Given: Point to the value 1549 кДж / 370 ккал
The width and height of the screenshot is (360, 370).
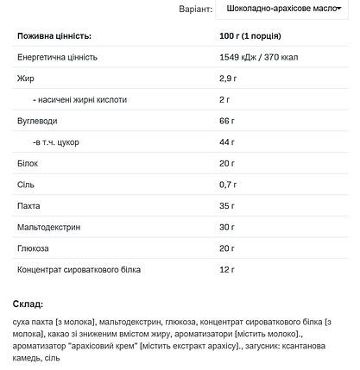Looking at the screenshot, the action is click(x=268, y=57).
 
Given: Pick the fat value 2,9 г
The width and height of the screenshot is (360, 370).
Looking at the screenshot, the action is click(x=230, y=78).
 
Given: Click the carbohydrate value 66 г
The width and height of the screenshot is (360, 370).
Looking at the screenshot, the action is click(x=228, y=121).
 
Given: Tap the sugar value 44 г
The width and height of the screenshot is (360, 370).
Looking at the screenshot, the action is click(x=228, y=141).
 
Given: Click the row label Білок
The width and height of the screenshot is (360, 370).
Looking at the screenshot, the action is click(x=28, y=163).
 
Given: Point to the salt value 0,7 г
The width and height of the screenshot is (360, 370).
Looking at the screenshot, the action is click(x=230, y=185).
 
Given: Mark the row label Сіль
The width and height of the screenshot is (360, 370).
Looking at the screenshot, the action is click(x=26, y=185).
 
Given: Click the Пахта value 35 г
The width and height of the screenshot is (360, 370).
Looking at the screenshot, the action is click(x=228, y=206).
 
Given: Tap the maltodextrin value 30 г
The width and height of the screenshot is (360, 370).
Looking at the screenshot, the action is click(x=228, y=228).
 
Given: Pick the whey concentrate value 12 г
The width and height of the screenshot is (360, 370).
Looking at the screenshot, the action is click(x=228, y=270).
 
